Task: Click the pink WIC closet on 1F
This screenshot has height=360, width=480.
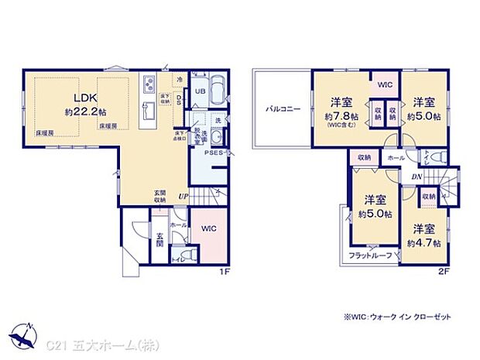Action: click(x=208, y=230)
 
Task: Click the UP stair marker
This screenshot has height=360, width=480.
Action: click(x=183, y=197)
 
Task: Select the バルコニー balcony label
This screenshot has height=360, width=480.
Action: click(x=280, y=109)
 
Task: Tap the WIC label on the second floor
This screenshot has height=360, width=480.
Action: click(x=384, y=85)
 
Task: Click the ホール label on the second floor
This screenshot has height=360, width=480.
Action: click(x=395, y=157)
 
